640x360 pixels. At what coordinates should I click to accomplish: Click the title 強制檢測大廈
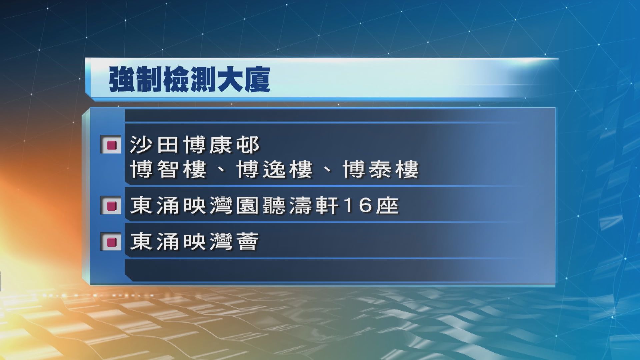[x=189, y=80]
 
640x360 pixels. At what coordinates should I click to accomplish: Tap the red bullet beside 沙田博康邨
[x=111, y=145]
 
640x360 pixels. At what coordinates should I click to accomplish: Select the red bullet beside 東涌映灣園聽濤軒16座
[x=111, y=206]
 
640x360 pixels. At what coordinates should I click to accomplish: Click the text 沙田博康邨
[x=195, y=145]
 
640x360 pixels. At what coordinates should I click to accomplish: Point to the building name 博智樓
[x=168, y=170]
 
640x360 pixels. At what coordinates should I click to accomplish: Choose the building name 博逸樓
[x=274, y=170]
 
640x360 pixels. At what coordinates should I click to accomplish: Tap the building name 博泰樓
[x=381, y=170]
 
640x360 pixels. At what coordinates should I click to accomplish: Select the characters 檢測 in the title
[x=189, y=80]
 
